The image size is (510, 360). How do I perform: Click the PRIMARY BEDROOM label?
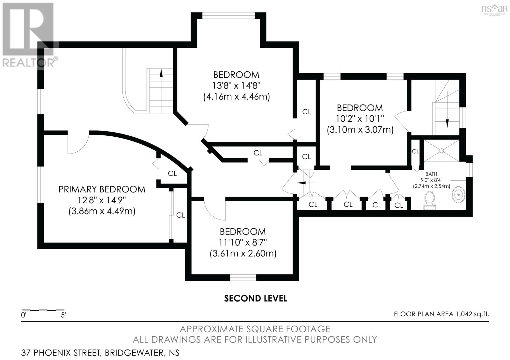pyautogui.click(x=102, y=189)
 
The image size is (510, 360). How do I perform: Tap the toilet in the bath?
pyautogui.click(x=430, y=200)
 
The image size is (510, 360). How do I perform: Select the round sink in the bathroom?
pyautogui.click(x=458, y=195)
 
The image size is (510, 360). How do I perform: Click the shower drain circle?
pyautogui.click(x=441, y=150)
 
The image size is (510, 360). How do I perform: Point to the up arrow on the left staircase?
pyautogui.click(x=161, y=73)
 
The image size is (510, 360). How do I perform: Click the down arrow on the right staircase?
pyautogui.click(x=447, y=124)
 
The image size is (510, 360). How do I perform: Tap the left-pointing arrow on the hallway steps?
pyautogui.click(x=302, y=183)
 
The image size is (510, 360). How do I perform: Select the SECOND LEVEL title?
pyautogui.click(x=255, y=299)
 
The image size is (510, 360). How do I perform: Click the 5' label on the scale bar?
pyautogui.click(x=63, y=315)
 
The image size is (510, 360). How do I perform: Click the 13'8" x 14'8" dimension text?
pyautogui.click(x=236, y=86)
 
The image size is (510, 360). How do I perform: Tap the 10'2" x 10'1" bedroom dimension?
pyautogui.click(x=360, y=119)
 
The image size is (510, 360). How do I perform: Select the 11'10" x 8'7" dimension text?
pyautogui.click(x=243, y=242)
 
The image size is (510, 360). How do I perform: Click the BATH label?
pyautogui.click(x=431, y=174)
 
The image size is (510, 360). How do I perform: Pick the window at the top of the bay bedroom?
pyautogui.click(x=228, y=15)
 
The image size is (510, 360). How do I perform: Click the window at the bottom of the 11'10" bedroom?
pyautogui.click(x=243, y=277)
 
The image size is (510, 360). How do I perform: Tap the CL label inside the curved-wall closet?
pyautogui.click(x=172, y=174)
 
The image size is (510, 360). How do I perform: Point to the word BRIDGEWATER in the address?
pyautogui.click(x=134, y=353)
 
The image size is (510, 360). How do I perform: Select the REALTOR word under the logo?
pyautogui.click(x=28, y=63)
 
